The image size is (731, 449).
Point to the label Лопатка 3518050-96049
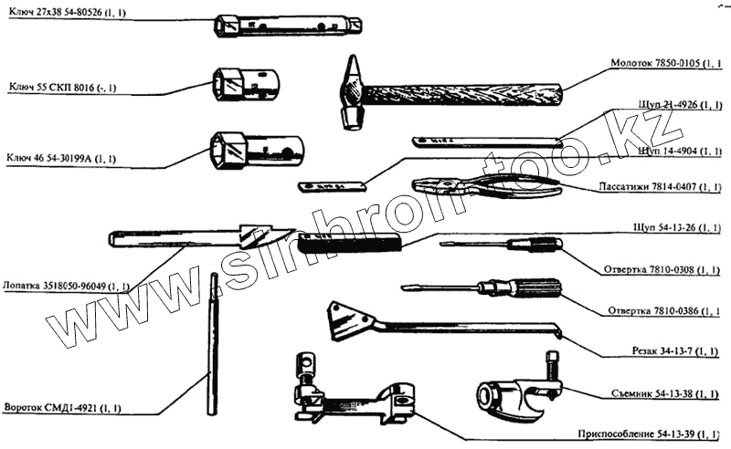[x=66, y=286]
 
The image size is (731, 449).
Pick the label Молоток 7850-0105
[x=664, y=64]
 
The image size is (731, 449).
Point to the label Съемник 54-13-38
[x=663, y=393]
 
